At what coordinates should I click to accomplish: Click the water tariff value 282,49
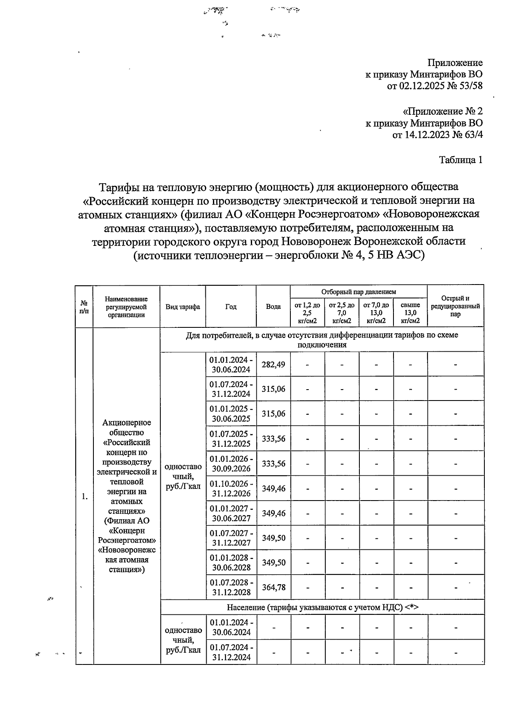click(273, 364)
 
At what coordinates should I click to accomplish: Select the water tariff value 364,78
click(273, 587)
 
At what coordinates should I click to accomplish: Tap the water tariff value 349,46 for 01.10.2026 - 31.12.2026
click(273, 488)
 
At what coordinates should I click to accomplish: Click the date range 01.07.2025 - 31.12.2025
click(231, 438)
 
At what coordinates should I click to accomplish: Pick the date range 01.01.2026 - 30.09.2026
click(231, 464)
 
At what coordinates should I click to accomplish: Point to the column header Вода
click(273, 306)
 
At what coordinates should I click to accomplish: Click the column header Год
click(231, 306)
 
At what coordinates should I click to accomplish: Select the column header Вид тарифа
click(183, 306)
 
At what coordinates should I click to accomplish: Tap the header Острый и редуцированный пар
click(455, 306)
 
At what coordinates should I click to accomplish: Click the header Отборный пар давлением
click(359, 292)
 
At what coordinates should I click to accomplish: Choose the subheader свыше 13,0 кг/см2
click(410, 313)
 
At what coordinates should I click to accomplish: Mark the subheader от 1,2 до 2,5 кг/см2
click(307, 313)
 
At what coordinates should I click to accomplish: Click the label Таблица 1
click(460, 160)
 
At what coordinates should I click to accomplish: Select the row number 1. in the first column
click(85, 496)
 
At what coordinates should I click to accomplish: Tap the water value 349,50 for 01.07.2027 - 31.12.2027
click(273, 538)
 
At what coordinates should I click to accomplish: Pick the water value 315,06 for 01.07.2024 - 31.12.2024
click(273, 389)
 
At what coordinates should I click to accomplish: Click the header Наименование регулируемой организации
click(126, 306)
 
